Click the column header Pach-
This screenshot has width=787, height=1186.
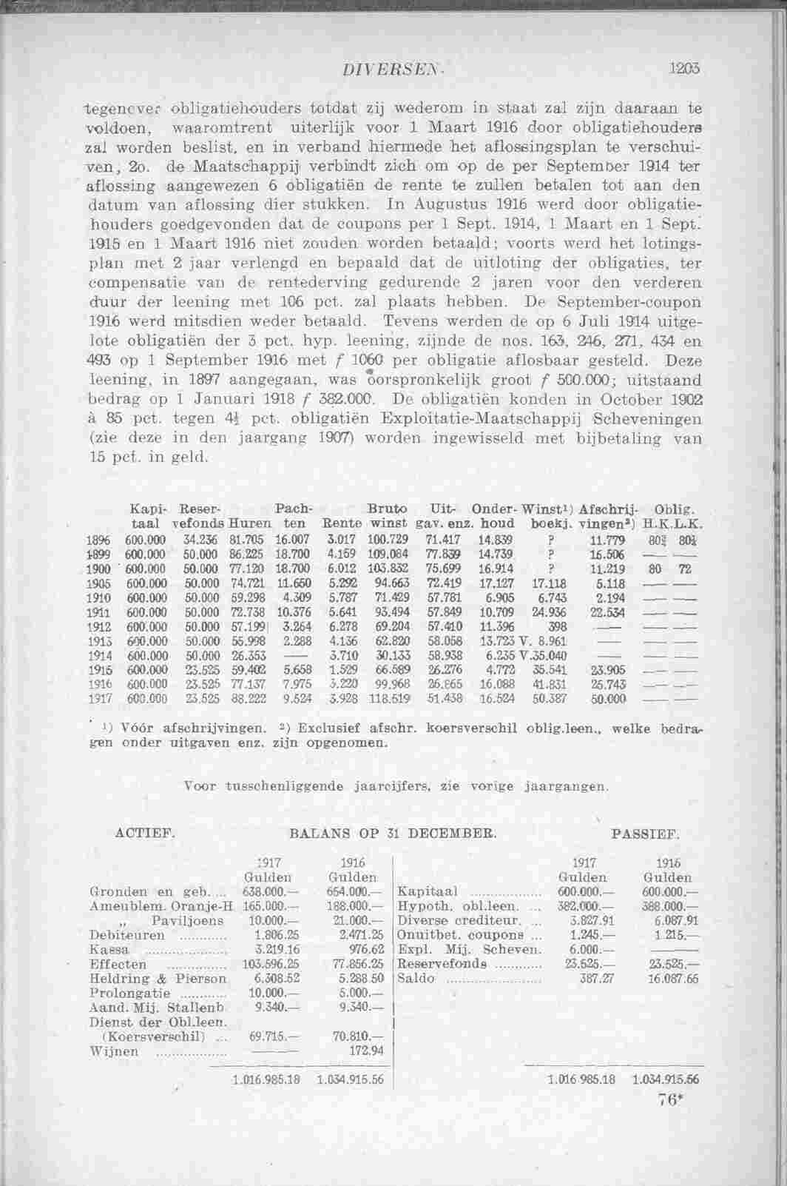(x=293, y=509)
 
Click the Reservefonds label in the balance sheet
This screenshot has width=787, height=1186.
(x=442, y=965)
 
